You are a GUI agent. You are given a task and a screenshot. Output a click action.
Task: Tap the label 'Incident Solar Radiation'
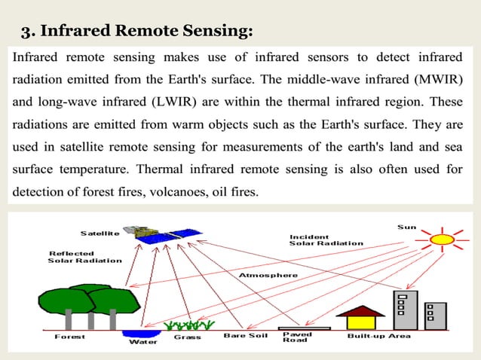(x=326, y=239)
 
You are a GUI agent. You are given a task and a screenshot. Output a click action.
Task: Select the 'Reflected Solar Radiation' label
(x=84, y=257)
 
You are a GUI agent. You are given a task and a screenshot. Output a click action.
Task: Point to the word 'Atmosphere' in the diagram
(x=268, y=275)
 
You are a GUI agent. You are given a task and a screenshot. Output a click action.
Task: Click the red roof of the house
(x=359, y=310)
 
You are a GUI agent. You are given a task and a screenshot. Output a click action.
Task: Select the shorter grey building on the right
(x=435, y=316)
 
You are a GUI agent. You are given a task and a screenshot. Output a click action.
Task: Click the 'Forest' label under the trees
(x=69, y=337)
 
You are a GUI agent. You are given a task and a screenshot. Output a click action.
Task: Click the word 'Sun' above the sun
(x=406, y=227)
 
